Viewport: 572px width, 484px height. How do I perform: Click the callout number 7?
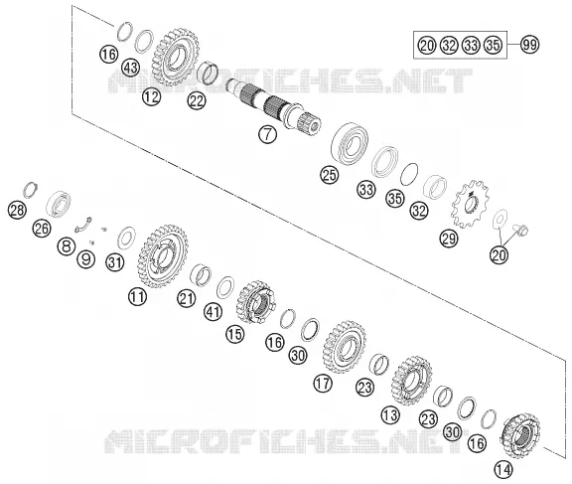268,134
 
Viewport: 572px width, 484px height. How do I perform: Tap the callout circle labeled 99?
529,45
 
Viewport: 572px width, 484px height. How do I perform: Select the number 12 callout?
151,96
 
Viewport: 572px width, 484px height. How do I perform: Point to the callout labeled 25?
330,175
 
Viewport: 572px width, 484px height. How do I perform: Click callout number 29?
449,239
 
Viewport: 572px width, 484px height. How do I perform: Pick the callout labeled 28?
17,211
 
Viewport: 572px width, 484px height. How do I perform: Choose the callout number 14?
503,469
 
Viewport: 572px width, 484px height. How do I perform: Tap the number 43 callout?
131,68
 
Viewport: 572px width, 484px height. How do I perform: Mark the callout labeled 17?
323,384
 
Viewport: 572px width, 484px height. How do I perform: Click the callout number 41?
214,312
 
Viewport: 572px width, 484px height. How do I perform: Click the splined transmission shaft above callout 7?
273,105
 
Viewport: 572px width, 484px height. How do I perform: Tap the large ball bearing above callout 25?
350,143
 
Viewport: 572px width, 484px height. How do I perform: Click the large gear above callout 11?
163,256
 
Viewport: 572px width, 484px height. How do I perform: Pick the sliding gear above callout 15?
255,302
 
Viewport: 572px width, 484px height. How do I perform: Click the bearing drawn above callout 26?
59,204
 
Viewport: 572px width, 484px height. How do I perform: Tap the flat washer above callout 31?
126,238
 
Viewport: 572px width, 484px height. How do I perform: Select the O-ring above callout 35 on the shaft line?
409,174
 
